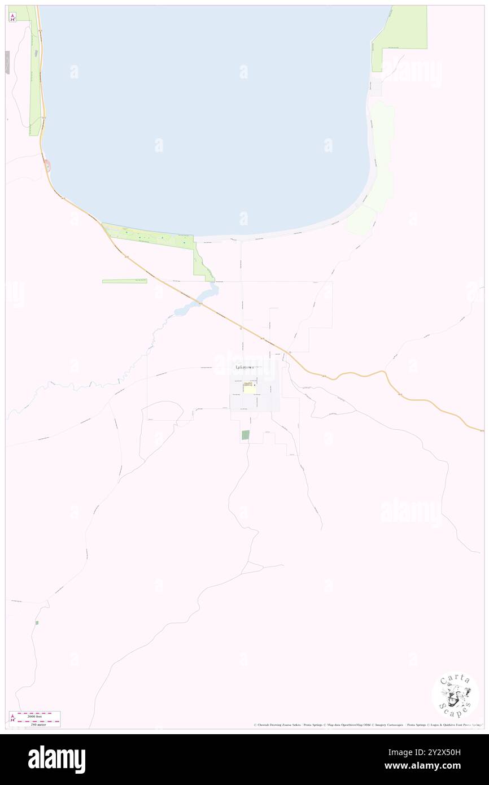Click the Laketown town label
[244, 367]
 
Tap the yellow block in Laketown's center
[249, 388]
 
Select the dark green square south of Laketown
[245, 435]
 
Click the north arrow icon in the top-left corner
[12, 17]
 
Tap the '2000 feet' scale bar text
[38, 714]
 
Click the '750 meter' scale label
[38, 723]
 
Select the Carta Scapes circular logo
[455, 696]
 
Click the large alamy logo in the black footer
[56, 760]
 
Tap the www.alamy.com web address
[438, 766]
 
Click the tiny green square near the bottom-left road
[37, 622]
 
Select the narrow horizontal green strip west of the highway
[124, 281]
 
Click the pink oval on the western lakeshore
[47, 165]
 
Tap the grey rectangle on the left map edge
[8, 62]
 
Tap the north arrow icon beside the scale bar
[12, 718]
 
